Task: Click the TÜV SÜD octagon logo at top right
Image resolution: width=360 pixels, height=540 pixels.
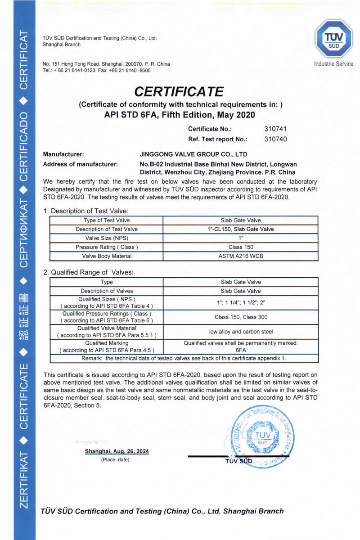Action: pyautogui.click(x=333, y=39)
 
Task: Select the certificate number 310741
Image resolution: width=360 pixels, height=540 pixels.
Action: pyautogui.click(x=275, y=129)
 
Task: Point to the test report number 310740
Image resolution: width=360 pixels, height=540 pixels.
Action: pyautogui.click(x=275, y=139)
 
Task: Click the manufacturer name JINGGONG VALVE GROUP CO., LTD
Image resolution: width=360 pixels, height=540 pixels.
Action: pyautogui.click(x=194, y=154)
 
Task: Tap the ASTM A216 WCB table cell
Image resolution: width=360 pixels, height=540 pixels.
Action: pyautogui.click(x=241, y=256)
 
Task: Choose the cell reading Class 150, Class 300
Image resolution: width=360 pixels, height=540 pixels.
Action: pyautogui.click(x=241, y=317)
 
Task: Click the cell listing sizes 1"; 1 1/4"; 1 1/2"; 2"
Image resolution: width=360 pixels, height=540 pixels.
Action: pyautogui.click(x=241, y=302)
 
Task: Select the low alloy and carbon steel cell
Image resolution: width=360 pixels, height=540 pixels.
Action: pyautogui.click(x=241, y=332)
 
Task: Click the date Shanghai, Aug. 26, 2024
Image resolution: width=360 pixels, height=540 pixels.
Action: pyautogui.click(x=117, y=451)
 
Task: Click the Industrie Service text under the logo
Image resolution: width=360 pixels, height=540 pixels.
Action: pyautogui.click(x=333, y=64)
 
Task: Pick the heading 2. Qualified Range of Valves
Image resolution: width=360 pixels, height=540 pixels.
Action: pyautogui.click(x=88, y=272)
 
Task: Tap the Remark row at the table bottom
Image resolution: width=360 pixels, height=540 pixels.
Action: pyautogui.click(x=184, y=358)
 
